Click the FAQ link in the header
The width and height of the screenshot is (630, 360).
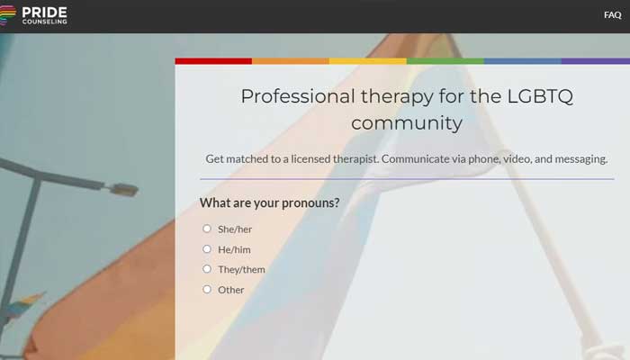pos(612,15)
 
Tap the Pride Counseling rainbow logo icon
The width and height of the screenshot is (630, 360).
pos(7,15)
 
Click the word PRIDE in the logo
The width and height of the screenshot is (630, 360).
pos(45,12)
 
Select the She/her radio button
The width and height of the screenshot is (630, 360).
pos(207,229)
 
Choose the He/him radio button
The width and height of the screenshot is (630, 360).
pos(207,249)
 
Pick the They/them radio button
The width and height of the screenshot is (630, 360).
pos(207,269)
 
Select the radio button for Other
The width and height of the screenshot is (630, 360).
pos(207,289)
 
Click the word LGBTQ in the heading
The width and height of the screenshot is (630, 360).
pos(540,96)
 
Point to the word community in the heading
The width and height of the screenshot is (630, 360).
pos(407,123)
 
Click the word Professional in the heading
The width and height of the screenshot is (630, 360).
pos(298,96)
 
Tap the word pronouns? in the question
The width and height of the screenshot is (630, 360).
pos(310,203)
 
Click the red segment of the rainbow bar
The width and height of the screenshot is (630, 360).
pos(213,61)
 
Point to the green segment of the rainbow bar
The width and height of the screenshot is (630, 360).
pos(445,61)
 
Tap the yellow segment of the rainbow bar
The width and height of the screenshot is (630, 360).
pos(368,61)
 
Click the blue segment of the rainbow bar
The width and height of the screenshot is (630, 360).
pos(523,61)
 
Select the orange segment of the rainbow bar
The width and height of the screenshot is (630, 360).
pos(291,61)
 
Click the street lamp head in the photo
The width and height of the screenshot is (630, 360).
pos(122,189)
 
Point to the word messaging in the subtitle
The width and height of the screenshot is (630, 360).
pos(580,159)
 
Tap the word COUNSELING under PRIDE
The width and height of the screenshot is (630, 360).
pos(45,22)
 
